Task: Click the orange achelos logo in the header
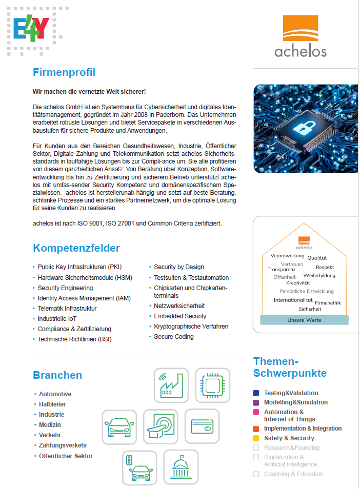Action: (x=300, y=35)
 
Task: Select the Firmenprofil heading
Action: (x=64, y=72)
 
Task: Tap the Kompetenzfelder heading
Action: (x=76, y=249)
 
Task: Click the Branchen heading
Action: (x=57, y=375)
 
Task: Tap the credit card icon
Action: (x=202, y=426)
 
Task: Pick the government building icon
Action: (x=181, y=467)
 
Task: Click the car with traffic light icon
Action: (x=139, y=467)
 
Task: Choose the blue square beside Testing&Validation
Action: (x=256, y=393)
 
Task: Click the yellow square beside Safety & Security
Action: (x=256, y=438)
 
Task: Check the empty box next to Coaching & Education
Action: (x=256, y=474)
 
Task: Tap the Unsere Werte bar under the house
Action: (x=304, y=320)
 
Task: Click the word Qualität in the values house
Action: (x=317, y=258)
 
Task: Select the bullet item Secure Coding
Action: (x=174, y=337)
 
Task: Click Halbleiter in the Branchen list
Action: (x=52, y=404)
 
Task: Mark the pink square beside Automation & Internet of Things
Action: (x=256, y=412)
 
